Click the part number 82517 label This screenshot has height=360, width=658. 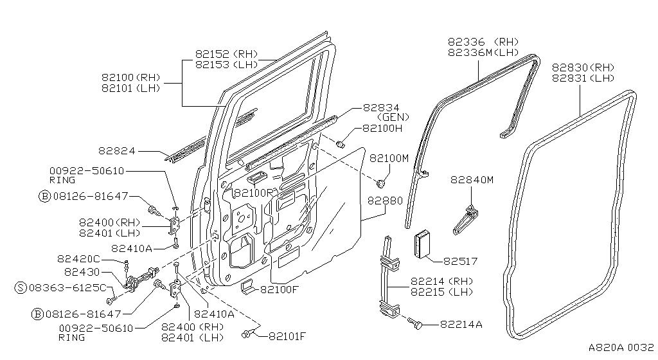click(459, 261)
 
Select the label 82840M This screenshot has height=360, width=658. click(472, 180)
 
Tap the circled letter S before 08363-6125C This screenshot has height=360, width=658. click(21, 287)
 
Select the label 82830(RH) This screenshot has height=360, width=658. click(583, 67)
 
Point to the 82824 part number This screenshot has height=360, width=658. click(118, 151)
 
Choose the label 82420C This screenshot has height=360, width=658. click(78, 258)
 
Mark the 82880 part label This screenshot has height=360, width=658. click(386, 201)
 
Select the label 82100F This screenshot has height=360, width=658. click(280, 290)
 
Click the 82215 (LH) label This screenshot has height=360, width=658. click(440, 292)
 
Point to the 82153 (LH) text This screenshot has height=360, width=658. click(226, 64)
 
